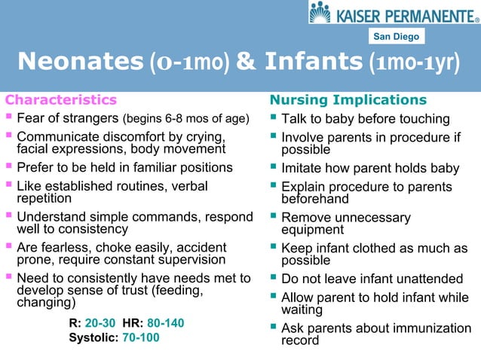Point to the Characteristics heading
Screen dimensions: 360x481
(x=61, y=100)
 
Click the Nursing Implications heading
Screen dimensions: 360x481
(x=348, y=100)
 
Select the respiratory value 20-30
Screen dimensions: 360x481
(x=102, y=323)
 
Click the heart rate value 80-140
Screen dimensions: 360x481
(x=165, y=323)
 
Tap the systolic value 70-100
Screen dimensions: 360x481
(x=140, y=337)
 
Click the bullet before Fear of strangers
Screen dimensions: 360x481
(x=8, y=118)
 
